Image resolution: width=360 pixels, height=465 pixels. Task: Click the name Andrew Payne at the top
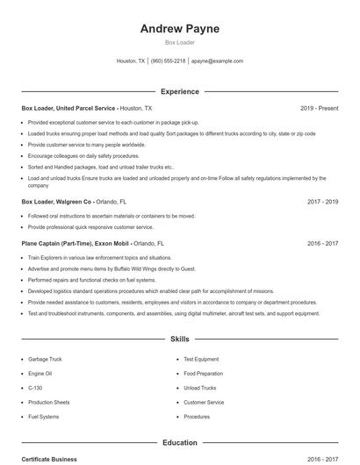pyautogui.click(x=179, y=28)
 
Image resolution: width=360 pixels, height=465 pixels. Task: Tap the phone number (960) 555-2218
pyautogui.click(x=168, y=61)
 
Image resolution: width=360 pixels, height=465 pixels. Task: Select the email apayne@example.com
pyautogui.click(x=217, y=61)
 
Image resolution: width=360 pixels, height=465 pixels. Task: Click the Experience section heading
pyautogui.click(x=179, y=91)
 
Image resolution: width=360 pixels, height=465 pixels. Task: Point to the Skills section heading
pyautogui.click(x=179, y=338)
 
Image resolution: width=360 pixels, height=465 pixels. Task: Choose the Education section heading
pyautogui.click(x=179, y=443)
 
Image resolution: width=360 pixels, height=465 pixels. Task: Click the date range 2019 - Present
pyautogui.click(x=319, y=108)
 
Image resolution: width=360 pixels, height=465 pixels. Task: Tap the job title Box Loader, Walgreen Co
pyautogui.click(x=56, y=201)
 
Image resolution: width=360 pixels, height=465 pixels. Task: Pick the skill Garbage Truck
pyautogui.click(x=44, y=359)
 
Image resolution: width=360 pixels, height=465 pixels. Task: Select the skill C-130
pyautogui.click(x=35, y=388)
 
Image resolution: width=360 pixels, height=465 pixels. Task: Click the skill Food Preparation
pyautogui.click(x=204, y=373)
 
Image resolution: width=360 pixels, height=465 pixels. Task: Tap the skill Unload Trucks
pyautogui.click(x=199, y=388)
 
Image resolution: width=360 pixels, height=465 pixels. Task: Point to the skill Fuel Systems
pyautogui.click(x=43, y=417)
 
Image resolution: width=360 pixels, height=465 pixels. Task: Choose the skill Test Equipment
pyautogui.click(x=201, y=359)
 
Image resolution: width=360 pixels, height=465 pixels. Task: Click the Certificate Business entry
pyautogui.click(x=49, y=459)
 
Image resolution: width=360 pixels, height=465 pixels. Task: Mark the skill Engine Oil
pyautogui.click(x=40, y=373)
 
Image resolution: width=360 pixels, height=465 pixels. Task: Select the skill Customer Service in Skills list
pyautogui.click(x=204, y=402)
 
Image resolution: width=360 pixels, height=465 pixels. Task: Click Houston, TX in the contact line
pyautogui.click(x=131, y=61)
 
